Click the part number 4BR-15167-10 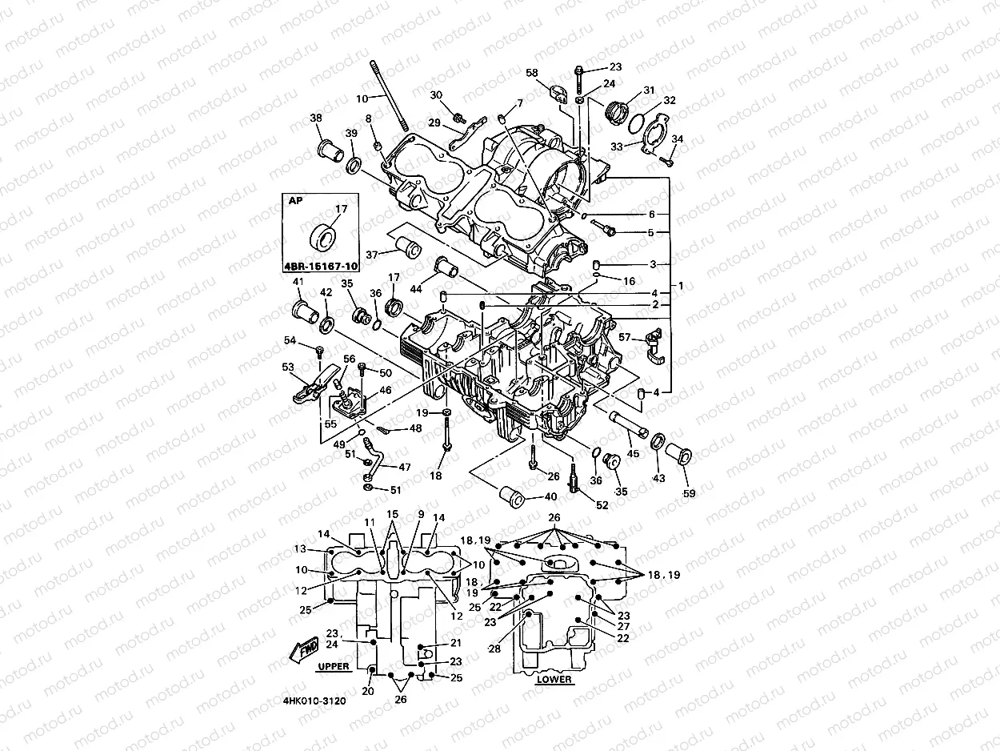tap(319, 265)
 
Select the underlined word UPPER tap(333, 666)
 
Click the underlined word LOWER tap(554, 679)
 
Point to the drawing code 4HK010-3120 tap(314, 701)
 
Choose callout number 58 tap(532, 73)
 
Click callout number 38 tap(316, 118)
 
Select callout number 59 tap(689, 493)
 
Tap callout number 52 tap(602, 505)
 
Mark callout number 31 tap(648, 90)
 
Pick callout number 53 tap(288, 367)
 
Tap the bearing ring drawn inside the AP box tap(325, 233)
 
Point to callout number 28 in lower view tap(496, 648)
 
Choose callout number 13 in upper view tap(300, 548)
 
